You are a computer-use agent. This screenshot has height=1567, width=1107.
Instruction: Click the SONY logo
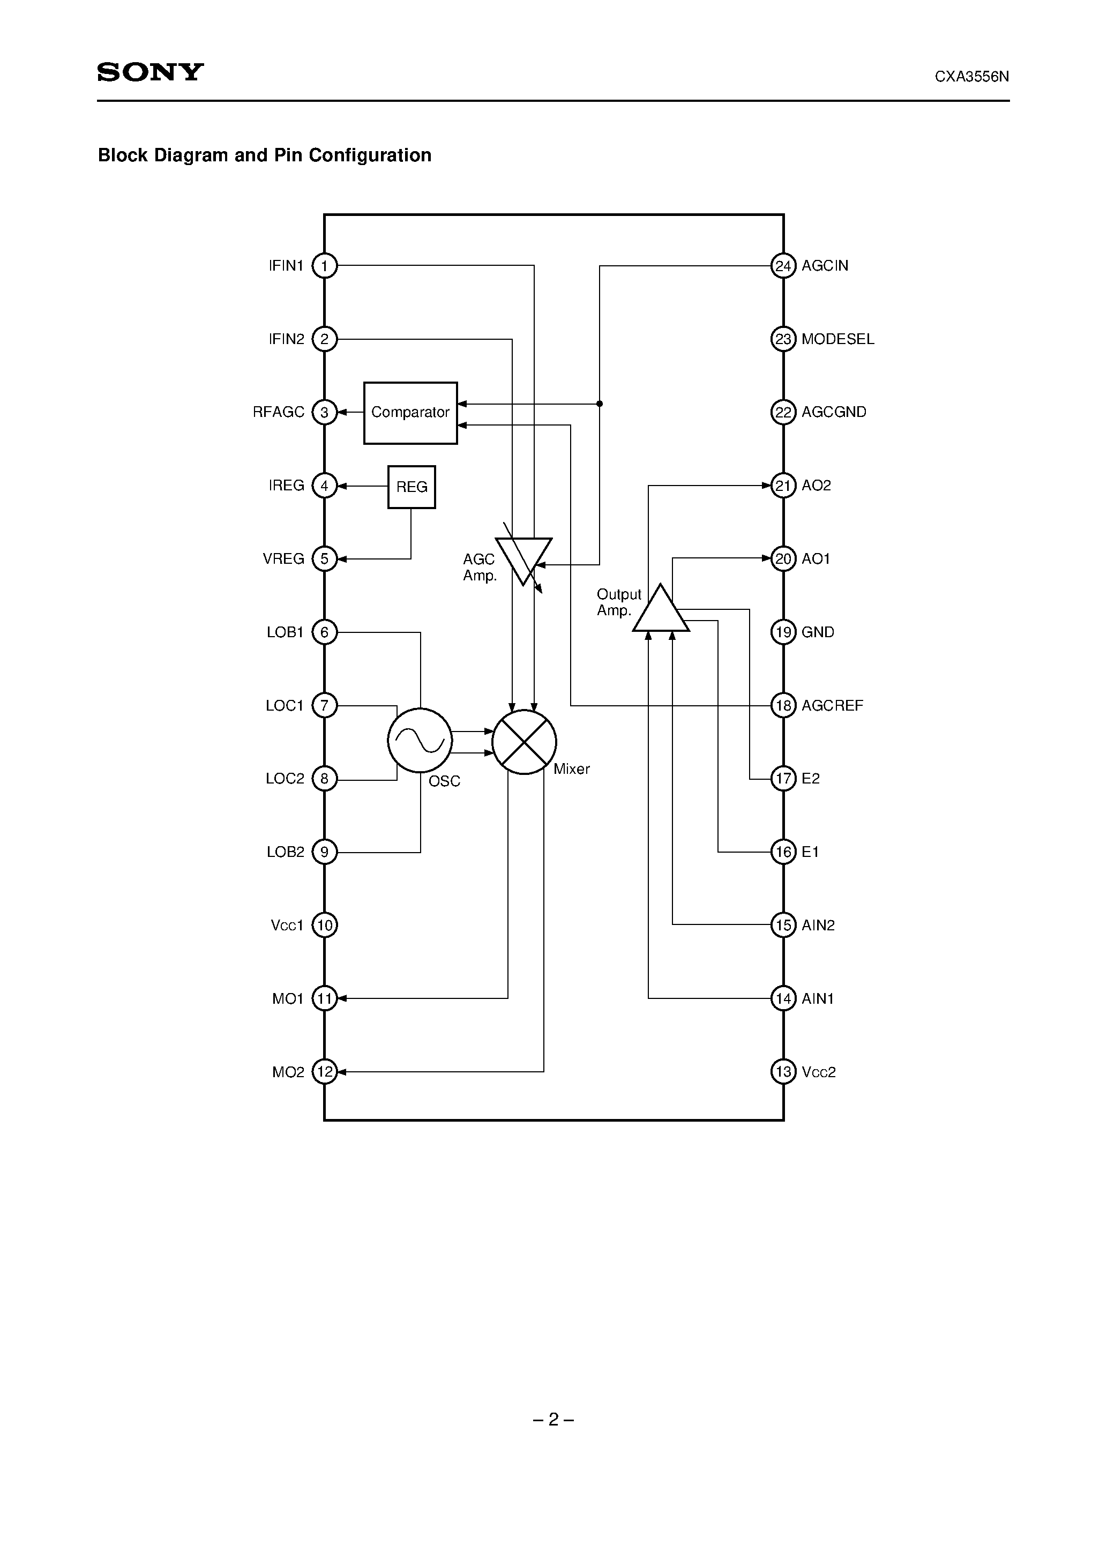(x=150, y=72)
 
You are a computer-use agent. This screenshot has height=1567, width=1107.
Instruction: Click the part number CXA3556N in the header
(x=971, y=77)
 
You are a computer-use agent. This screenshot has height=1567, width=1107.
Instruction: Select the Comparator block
(x=410, y=413)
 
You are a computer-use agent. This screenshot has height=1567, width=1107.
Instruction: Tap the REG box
(x=412, y=487)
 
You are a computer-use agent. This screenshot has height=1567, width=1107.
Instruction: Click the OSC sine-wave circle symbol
(x=420, y=741)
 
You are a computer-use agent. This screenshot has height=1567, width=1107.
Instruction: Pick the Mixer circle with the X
(x=524, y=742)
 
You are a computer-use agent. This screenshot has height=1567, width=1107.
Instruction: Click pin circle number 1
(x=324, y=265)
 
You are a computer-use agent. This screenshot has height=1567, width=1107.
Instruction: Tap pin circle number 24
(x=783, y=265)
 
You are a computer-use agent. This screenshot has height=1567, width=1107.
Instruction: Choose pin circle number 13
(x=783, y=1071)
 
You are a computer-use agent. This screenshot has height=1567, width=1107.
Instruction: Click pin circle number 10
(x=324, y=925)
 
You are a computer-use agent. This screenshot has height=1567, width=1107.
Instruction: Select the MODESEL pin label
(x=837, y=339)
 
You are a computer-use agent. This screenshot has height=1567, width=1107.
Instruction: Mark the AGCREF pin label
(x=832, y=705)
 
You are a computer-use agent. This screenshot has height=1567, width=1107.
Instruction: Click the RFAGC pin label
(x=279, y=412)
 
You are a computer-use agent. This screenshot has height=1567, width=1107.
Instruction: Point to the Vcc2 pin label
(x=818, y=1071)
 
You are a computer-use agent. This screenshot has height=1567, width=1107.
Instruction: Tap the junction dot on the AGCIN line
(x=599, y=404)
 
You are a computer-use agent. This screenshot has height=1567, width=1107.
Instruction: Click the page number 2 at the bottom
(x=553, y=1420)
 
